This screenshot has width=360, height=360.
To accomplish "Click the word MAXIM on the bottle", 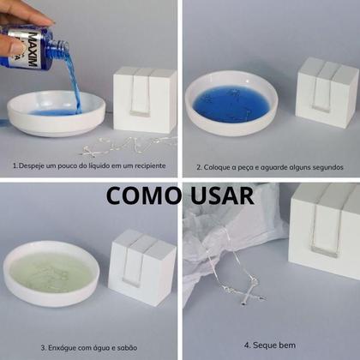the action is coord(33,50).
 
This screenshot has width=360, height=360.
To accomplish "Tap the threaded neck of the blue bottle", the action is coord(60,45).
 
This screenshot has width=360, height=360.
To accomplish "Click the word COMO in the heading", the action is coord(142,195).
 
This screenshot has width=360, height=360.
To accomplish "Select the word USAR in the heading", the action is coord(222,195).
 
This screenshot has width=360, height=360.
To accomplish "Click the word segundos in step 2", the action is coord(327,167).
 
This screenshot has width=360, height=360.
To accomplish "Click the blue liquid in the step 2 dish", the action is coord(231,105).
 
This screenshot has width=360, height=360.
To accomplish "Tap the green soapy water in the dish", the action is coord(51,273).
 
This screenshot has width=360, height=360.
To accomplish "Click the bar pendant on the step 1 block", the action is coord(140,114).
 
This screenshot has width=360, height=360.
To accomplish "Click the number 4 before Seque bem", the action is coord(247,345).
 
